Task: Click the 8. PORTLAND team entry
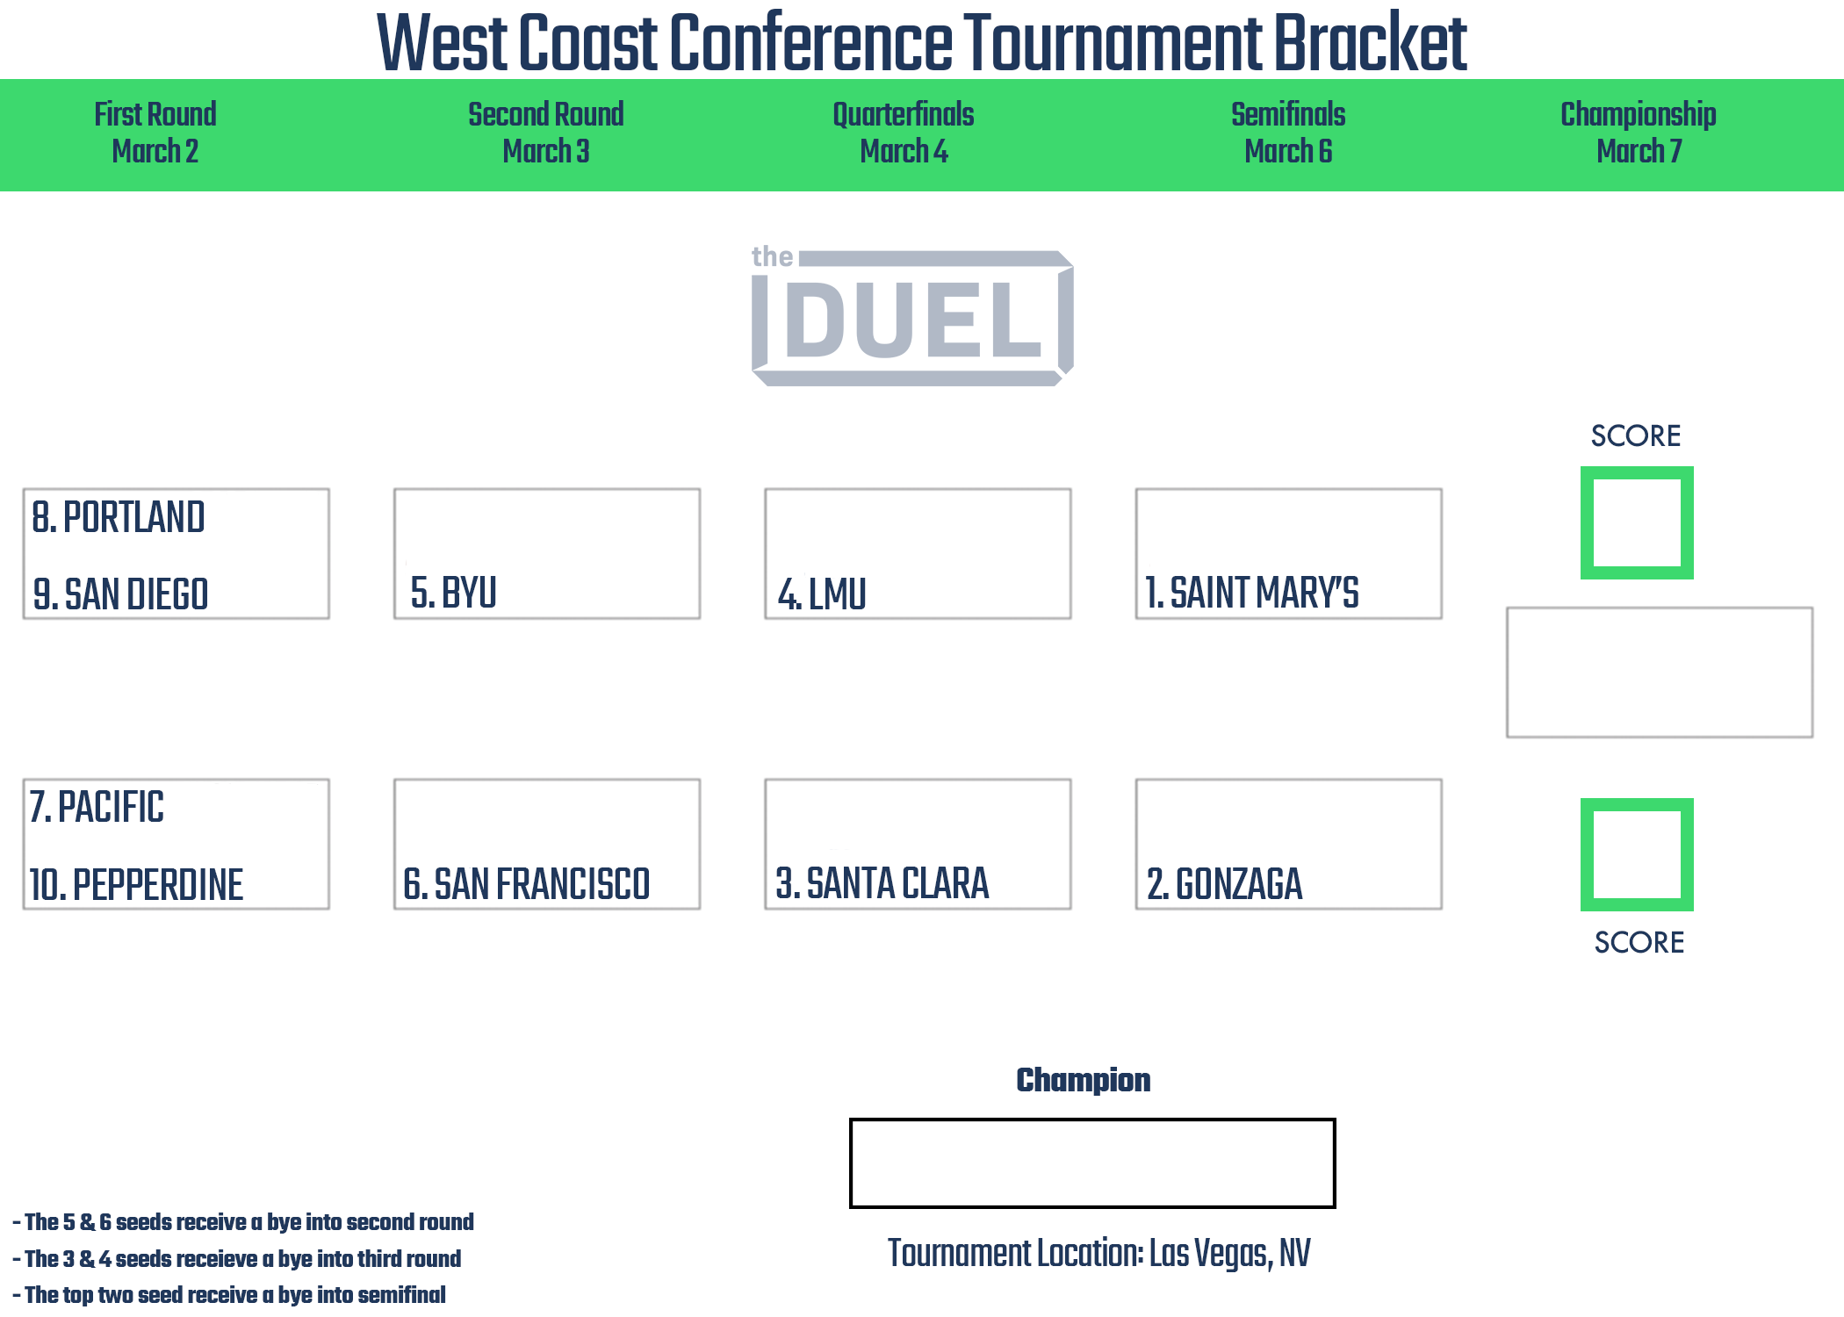119,517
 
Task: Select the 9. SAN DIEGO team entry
120,594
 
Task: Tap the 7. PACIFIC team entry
97,807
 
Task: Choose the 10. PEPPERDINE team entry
136,884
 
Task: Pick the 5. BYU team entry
454,593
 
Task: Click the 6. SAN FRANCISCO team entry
527,884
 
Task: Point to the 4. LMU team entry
822,594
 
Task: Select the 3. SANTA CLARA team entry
882,883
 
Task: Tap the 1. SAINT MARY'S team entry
1252,593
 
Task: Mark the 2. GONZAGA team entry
1225,884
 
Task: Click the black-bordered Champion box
1092,1120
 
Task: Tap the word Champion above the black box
1084,1080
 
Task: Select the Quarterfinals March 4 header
904,133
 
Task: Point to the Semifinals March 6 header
1288,133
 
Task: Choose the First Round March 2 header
155,133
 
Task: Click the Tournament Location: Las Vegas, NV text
1099,1253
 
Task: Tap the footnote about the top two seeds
229,1295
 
